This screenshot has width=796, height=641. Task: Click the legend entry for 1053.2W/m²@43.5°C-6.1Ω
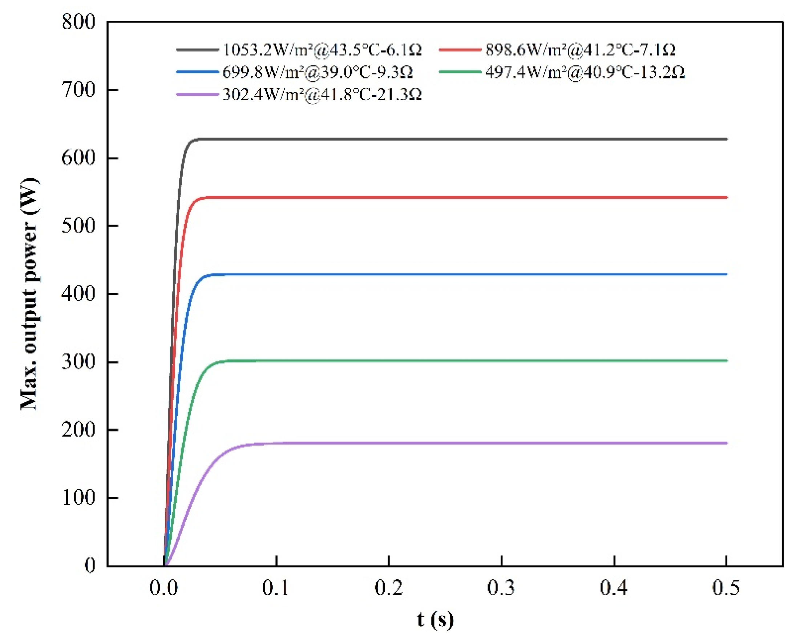(x=322, y=49)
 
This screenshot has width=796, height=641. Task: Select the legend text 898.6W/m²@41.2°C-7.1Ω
(x=580, y=49)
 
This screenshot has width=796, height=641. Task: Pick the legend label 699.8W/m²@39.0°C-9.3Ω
(x=318, y=72)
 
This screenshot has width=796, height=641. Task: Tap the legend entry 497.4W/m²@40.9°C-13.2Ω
(x=585, y=72)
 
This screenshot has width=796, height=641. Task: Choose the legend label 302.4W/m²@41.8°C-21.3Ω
(x=322, y=94)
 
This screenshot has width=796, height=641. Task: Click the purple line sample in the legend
(x=197, y=94)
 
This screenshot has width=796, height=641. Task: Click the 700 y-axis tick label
(x=79, y=90)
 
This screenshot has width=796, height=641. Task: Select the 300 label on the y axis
(x=79, y=362)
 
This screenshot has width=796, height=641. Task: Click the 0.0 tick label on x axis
(x=163, y=588)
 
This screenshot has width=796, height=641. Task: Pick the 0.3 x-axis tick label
(x=501, y=588)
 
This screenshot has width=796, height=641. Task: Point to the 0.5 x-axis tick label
(x=726, y=588)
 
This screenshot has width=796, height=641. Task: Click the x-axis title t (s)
(x=435, y=620)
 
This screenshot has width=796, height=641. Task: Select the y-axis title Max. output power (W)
(x=29, y=294)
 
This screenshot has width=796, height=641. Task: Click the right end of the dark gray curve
(x=726, y=139)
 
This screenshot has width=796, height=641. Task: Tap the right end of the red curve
(x=726, y=198)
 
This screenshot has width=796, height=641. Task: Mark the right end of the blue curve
(x=726, y=274)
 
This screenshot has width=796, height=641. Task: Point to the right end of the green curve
(x=726, y=361)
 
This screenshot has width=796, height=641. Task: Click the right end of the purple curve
(x=726, y=443)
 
